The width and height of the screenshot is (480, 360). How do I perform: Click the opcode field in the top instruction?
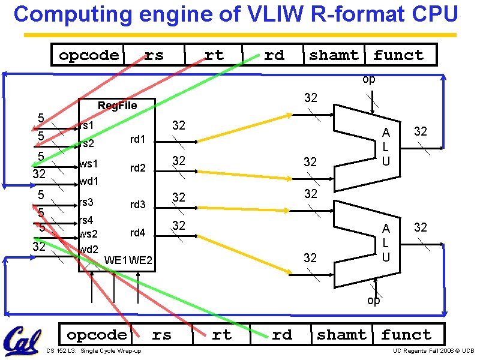pos(89,55)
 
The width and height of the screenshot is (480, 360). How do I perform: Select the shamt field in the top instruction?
pos(334,55)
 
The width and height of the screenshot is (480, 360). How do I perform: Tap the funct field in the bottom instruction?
pos(406,335)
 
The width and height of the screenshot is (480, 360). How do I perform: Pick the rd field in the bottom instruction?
pos(282,335)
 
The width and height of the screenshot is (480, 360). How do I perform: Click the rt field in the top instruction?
pos(214,55)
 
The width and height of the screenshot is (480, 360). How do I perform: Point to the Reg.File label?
pos(117,106)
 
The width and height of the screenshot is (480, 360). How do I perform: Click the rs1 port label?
pos(86,125)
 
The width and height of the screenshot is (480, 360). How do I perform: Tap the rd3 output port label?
pos(138,205)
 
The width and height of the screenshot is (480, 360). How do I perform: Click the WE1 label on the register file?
pos(116,260)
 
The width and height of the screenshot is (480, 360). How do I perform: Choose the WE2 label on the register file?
pos(141,260)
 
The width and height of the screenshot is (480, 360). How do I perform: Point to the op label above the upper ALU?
pos(369,79)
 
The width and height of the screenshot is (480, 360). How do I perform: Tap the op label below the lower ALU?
pos(373,301)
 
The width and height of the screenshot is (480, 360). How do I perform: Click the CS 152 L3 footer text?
pos(94,351)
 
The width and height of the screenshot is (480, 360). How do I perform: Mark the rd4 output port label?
pos(138,232)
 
